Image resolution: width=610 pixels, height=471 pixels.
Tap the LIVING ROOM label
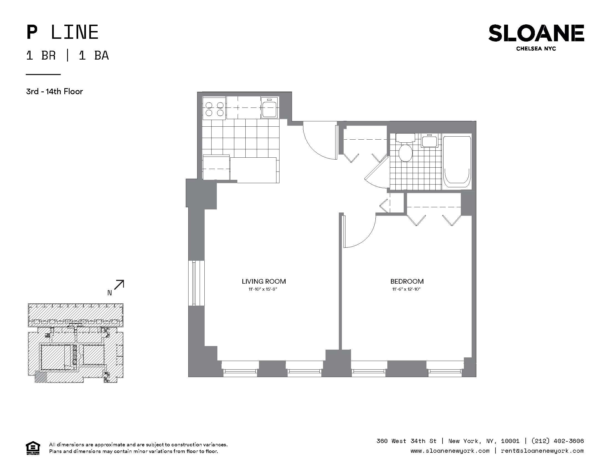click(264, 281)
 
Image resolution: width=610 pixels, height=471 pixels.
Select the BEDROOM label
click(407, 281)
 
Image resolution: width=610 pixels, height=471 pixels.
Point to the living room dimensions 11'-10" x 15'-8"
click(263, 289)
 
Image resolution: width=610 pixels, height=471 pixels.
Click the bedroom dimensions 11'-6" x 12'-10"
click(406, 289)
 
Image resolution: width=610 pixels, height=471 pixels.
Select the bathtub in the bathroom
click(457, 162)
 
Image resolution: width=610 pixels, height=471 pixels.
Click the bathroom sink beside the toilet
click(430, 141)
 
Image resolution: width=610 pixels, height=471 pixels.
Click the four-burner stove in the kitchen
click(214, 109)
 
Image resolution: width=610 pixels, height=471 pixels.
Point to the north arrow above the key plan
click(119, 285)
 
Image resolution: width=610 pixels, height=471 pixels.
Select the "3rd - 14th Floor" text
click(54, 91)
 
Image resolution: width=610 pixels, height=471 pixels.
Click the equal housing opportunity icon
click(33, 448)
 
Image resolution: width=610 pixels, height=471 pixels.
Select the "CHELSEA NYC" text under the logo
click(536, 48)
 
